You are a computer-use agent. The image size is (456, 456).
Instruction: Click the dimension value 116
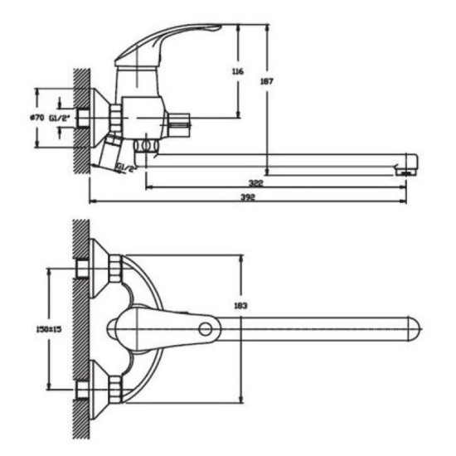[x=238, y=71]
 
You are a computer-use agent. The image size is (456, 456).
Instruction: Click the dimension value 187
[x=267, y=81]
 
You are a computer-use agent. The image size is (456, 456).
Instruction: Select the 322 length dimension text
[x=256, y=183]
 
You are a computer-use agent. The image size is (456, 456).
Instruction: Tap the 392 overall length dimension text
[x=248, y=197]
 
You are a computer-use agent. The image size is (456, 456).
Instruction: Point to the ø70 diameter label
[x=37, y=118]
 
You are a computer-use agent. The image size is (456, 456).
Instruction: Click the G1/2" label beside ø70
[x=61, y=118]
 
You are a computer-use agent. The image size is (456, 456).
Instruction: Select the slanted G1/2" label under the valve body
[x=127, y=167]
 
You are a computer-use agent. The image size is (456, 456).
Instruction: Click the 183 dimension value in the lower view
[x=240, y=306]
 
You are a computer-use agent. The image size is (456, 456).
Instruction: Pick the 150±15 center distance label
[x=49, y=329]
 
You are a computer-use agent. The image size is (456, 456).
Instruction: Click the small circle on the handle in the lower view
[x=206, y=329]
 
